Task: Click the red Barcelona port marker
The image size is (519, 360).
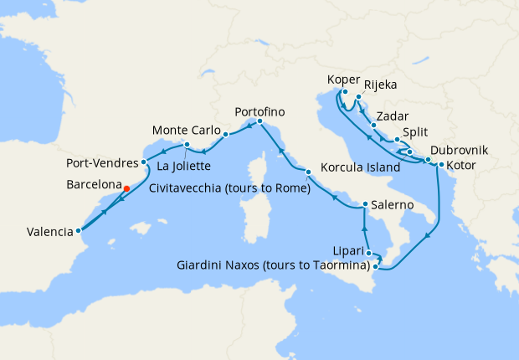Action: [x=126, y=188]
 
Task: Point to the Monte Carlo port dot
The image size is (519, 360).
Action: [x=226, y=132]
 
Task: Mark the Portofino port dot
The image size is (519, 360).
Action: [x=259, y=122]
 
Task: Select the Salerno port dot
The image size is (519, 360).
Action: [x=365, y=204]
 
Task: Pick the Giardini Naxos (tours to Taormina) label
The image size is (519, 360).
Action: [x=274, y=266]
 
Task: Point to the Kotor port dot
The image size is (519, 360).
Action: [x=440, y=164]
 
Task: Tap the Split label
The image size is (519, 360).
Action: [x=418, y=132]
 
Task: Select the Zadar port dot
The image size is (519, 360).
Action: [x=373, y=126]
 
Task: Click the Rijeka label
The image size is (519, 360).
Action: [x=381, y=84]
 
